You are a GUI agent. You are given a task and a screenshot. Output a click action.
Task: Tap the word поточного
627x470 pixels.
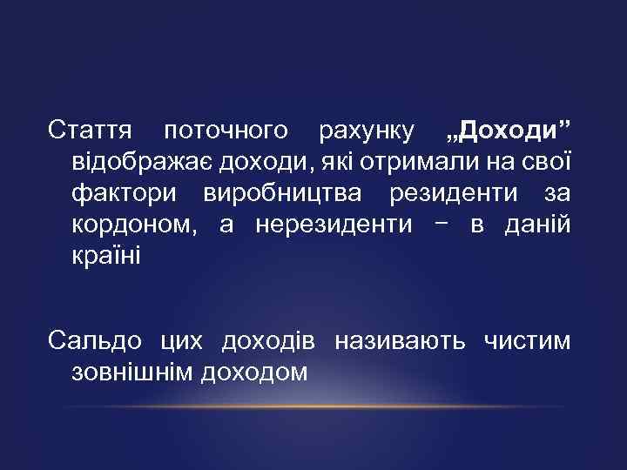pyautogui.click(x=226, y=131)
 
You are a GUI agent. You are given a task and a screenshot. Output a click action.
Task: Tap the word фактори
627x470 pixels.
pyautogui.click(x=127, y=194)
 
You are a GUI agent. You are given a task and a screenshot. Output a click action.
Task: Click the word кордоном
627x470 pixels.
pyautogui.click(x=138, y=225)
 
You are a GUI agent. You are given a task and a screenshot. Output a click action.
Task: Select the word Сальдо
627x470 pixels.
pyautogui.click(x=97, y=341)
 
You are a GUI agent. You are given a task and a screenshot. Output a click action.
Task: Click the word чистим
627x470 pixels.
pyautogui.click(x=526, y=341)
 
